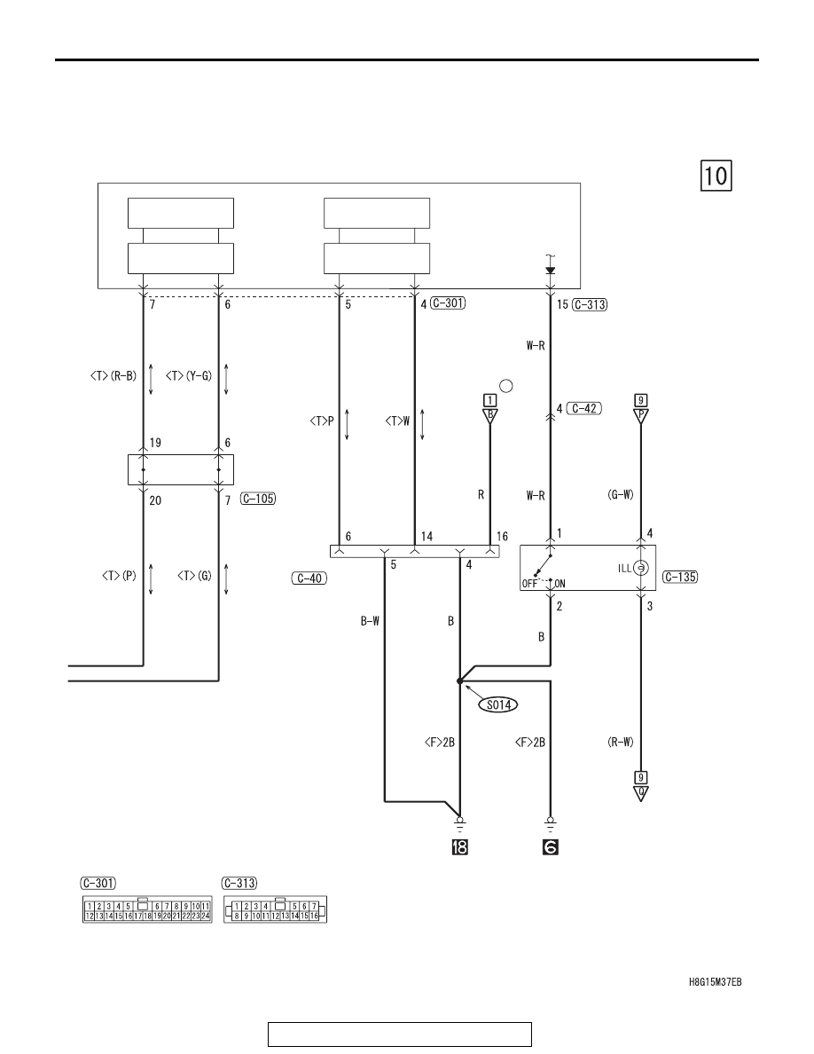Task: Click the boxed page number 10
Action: (716, 176)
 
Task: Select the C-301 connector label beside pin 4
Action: (448, 303)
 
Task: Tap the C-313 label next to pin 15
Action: (591, 304)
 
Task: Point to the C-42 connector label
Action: (584, 408)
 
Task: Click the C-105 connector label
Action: (258, 499)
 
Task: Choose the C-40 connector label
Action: (309, 578)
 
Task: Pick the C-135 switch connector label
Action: (680, 577)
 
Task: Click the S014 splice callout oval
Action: (498, 705)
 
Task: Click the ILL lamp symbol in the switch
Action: (641, 569)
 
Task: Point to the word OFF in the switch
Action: (530, 584)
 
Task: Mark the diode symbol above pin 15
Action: (551, 271)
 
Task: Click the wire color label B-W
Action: (370, 622)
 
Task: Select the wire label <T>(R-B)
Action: (113, 376)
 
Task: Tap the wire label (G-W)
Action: (620, 495)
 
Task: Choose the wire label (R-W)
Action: (620, 743)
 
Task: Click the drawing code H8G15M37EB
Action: (716, 982)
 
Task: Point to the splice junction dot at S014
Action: (460, 681)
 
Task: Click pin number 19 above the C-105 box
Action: (155, 443)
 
